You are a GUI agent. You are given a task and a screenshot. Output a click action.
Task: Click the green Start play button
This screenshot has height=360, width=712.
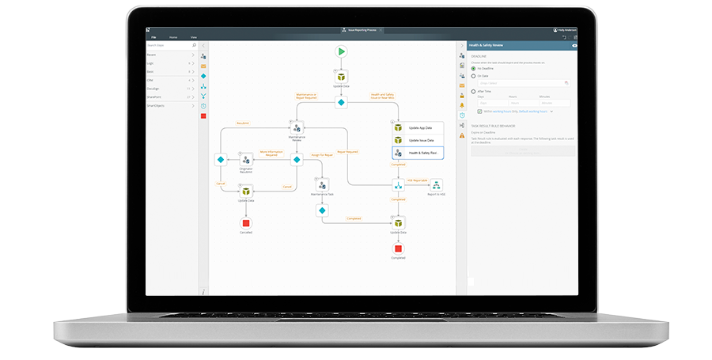pyautogui.click(x=341, y=51)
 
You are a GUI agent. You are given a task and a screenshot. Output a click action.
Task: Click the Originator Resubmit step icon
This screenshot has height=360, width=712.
pyautogui.click(x=246, y=159)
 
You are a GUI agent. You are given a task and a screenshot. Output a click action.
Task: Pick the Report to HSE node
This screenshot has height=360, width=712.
pyautogui.click(x=436, y=185)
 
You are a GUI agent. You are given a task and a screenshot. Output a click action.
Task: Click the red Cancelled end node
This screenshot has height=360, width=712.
pyautogui.click(x=246, y=222)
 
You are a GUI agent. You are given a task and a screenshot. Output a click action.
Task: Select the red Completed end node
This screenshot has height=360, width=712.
pyautogui.click(x=398, y=248)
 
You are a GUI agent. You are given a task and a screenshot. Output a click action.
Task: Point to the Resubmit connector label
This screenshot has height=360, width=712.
pyautogui.click(x=243, y=123)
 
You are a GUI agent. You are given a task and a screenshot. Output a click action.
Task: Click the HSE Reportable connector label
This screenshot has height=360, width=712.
pyautogui.click(x=417, y=180)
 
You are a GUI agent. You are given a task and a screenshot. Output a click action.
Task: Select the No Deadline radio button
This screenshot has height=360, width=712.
pyautogui.click(x=473, y=69)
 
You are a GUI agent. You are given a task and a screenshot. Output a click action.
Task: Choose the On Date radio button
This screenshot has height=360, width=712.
pyautogui.click(x=473, y=76)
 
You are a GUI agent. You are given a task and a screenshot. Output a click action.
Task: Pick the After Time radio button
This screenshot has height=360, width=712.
pyautogui.click(x=473, y=92)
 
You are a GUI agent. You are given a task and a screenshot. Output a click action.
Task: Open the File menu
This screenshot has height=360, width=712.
pyautogui.click(x=153, y=37)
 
